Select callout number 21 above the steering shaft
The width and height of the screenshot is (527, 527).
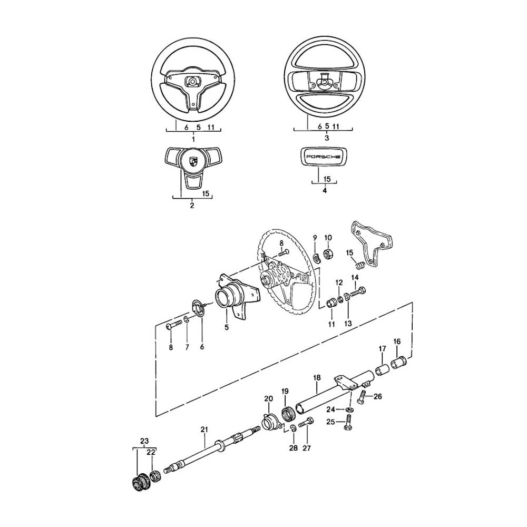point(204,429)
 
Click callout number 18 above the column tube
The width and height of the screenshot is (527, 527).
point(317,378)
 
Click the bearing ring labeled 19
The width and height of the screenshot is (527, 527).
point(288,414)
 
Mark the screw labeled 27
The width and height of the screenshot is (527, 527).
point(306,423)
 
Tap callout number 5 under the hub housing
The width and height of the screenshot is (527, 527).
point(227,327)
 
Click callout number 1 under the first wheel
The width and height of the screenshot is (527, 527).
point(193,139)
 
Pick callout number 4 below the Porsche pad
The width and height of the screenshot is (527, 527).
point(325,191)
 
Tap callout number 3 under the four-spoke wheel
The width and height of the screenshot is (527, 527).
point(327,138)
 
